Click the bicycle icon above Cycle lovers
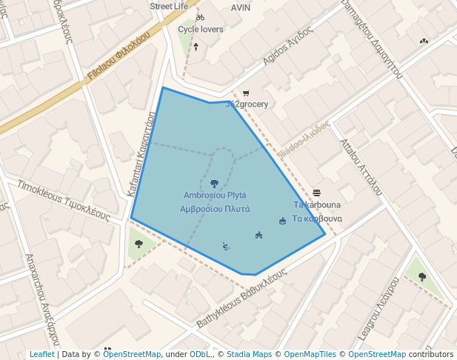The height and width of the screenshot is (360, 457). [200, 17]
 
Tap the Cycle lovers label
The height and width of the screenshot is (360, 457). [200, 30]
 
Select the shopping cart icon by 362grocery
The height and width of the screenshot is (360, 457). [246, 93]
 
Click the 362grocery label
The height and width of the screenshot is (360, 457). [247, 104]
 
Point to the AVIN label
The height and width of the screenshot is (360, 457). [241, 7]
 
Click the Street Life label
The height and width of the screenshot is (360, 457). [169, 6]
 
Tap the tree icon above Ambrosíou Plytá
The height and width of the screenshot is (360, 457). [214, 183]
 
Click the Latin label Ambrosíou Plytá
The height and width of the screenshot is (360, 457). [215, 196]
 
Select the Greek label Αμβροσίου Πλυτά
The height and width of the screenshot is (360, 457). [215, 209]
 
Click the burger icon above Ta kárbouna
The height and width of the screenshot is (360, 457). [317, 193]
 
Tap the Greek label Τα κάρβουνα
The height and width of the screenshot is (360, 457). [318, 219]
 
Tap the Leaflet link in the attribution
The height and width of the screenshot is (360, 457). [41, 354]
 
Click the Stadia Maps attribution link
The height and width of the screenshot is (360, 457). [247, 354]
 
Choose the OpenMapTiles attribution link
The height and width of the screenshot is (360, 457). [311, 354]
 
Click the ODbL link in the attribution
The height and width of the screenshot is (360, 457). [201, 354]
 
